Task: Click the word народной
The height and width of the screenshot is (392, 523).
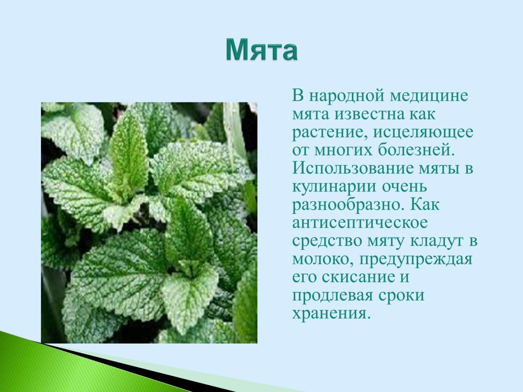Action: point(347,96)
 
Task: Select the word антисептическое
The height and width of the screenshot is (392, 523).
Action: point(360,223)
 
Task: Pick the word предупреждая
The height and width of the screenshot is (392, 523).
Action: point(414,260)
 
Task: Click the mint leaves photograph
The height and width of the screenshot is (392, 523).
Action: point(149,223)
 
